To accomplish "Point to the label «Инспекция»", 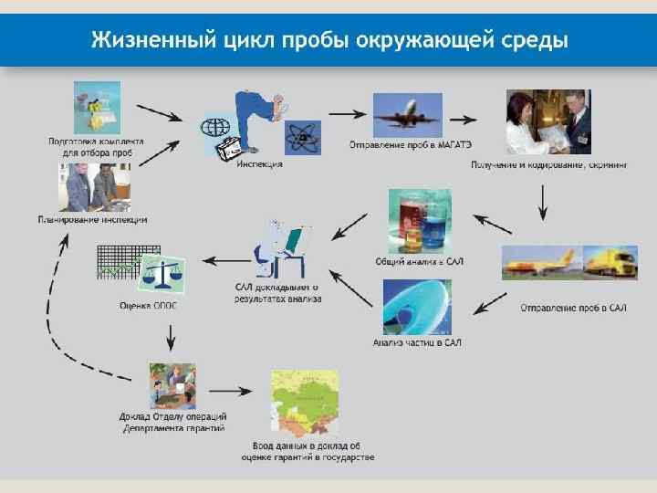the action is (x=260, y=164).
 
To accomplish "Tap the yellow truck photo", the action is (x=610, y=262).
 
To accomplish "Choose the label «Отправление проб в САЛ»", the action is (x=573, y=308).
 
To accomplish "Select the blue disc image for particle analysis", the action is (x=416, y=306).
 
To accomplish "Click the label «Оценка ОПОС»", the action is (x=148, y=306).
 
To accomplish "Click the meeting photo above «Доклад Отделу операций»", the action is (x=172, y=385).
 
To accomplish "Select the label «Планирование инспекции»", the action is (x=92, y=219).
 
